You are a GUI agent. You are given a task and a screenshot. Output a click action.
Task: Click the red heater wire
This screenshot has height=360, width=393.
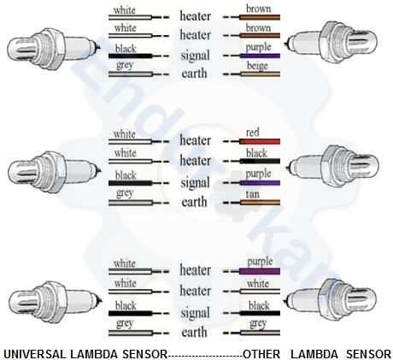(x=260, y=141)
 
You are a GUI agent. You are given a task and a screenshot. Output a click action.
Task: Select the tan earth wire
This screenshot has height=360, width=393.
(x=260, y=203)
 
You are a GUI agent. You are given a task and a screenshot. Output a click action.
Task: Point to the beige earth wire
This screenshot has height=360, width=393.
(x=260, y=74)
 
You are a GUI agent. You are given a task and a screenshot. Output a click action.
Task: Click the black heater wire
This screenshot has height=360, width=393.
(x=260, y=161)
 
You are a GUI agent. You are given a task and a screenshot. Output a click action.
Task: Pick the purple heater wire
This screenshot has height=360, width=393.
(x=260, y=271)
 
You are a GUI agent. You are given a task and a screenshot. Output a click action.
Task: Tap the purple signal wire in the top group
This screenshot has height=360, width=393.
(x=260, y=56)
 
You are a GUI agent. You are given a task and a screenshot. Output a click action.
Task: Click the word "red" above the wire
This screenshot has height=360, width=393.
(x=252, y=133)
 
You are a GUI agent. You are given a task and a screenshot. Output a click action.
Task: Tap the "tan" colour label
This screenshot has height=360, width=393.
(x=253, y=194)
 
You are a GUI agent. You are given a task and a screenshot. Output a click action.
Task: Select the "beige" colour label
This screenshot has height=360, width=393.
(x=257, y=66)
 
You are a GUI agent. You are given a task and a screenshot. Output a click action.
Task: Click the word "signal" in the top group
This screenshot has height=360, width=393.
(x=195, y=56)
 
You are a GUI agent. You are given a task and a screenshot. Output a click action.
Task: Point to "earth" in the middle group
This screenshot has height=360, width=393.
(x=194, y=202)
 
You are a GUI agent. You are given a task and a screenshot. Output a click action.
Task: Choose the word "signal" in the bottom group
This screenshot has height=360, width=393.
(x=195, y=313)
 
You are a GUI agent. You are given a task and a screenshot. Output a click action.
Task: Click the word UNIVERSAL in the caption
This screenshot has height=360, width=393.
(x=35, y=354)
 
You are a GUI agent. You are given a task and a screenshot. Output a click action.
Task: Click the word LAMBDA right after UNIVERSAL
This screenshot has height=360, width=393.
(x=94, y=354)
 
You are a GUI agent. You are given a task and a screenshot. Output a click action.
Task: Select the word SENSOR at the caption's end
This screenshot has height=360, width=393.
(x=369, y=354)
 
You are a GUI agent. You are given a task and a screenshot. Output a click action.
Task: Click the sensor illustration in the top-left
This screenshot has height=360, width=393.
(x=54, y=49)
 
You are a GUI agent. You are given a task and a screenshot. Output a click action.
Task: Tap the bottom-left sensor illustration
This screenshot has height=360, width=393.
(x=54, y=303)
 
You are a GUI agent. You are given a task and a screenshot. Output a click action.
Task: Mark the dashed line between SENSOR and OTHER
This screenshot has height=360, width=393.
(x=205, y=356)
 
